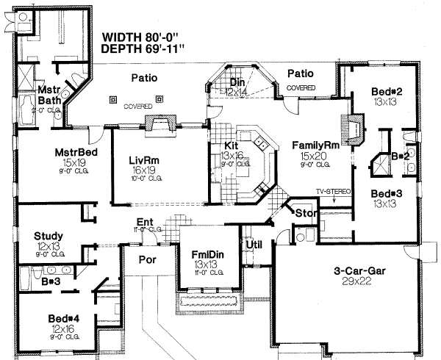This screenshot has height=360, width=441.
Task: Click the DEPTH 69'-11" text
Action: tap(145, 49)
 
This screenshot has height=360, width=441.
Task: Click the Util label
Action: tap(254, 243)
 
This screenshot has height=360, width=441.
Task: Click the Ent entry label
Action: tap(144, 222)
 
